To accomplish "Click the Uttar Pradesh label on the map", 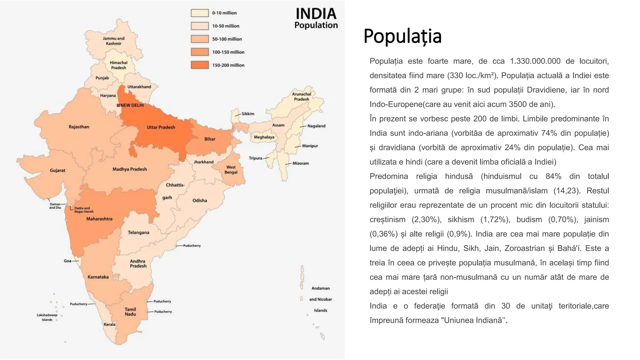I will point(161,127).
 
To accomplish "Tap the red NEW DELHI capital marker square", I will point(118,105).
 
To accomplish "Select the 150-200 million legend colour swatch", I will point(200,65).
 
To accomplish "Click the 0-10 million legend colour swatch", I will point(200,13).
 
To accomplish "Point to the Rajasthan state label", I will point(79,127).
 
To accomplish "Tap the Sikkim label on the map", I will point(248,114).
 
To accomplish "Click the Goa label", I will point(67,261).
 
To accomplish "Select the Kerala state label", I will point(110,324).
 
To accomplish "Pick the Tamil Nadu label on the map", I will point(130,312).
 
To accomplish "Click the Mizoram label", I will point(301,163).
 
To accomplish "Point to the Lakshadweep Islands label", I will point(47,317).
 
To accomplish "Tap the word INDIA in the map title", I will point(316,14).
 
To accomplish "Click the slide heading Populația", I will point(402,36).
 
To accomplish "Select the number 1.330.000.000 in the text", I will point(535,61).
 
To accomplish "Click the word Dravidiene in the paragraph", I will point(546,90).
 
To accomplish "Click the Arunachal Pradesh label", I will point(301,97).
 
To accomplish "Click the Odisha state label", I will point(200,200).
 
